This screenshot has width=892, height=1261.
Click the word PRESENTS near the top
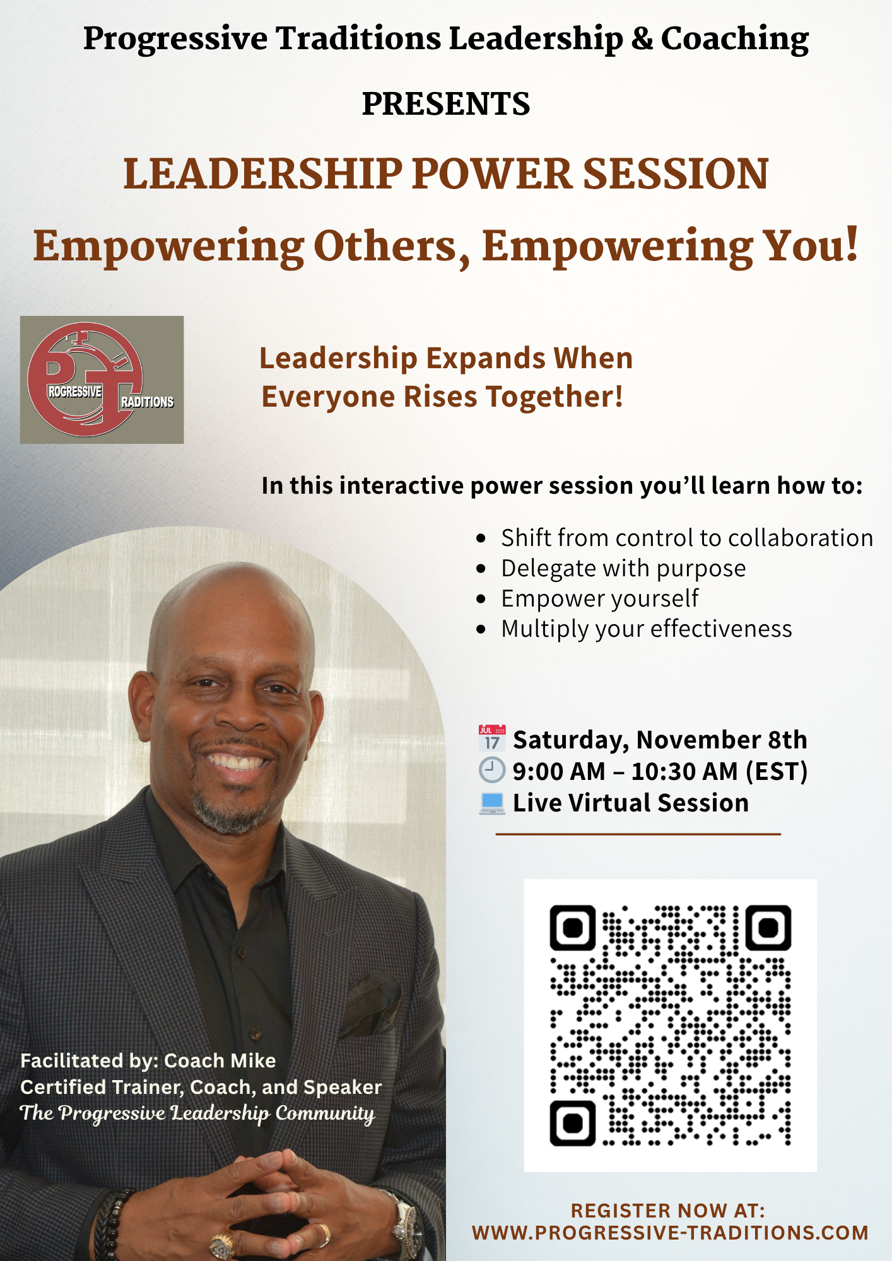[446, 104]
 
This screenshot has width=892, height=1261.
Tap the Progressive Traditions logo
[102, 380]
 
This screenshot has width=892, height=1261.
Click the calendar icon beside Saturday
[492, 738]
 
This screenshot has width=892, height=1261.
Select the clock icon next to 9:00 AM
[492, 770]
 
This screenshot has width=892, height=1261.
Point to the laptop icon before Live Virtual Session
[492, 803]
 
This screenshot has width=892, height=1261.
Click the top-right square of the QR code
[768, 927]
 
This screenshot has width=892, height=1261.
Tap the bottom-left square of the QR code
[573, 1123]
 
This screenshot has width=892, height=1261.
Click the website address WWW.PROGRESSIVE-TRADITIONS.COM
[670, 1233]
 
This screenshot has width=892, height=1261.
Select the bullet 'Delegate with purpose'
[623, 568]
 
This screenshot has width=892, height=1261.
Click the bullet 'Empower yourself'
[600, 598]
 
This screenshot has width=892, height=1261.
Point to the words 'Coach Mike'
[220, 1061]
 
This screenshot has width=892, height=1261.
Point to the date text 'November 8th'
[722, 740]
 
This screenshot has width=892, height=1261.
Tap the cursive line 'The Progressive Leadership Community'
[197, 1113]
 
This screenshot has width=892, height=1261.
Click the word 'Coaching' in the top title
[735, 39]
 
